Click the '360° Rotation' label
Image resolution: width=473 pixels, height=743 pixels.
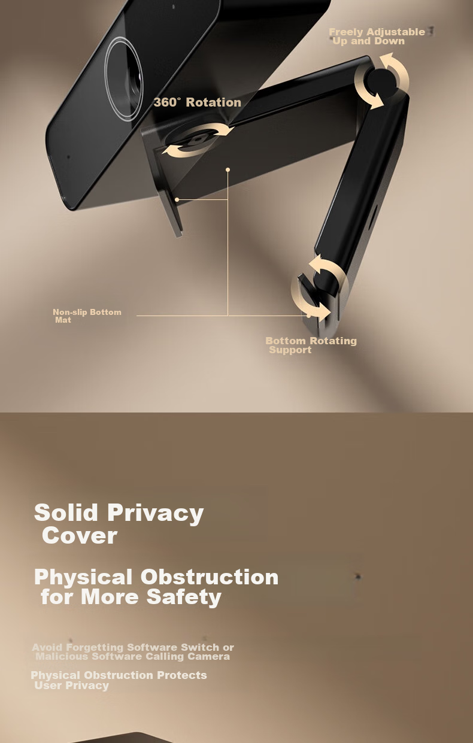[198, 102]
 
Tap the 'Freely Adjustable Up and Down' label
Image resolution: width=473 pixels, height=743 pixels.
[377, 37]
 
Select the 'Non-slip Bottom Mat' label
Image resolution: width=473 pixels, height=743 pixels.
[87, 316]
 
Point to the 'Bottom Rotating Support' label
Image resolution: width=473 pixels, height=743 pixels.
[311, 345]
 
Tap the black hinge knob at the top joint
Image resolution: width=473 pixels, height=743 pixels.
[381, 81]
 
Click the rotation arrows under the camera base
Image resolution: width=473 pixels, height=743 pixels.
[198, 140]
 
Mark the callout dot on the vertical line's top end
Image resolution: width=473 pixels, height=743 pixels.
[228, 170]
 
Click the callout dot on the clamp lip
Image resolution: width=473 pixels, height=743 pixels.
[177, 200]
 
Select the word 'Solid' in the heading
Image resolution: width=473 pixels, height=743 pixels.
[66, 512]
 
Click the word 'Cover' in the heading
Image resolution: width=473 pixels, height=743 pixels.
[80, 535]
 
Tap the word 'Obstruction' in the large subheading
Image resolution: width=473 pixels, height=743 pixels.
[210, 577]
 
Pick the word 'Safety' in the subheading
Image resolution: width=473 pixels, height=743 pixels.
[184, 598]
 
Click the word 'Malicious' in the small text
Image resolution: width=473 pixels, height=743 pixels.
[62, 656]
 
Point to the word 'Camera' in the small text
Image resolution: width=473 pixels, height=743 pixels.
[208, 656]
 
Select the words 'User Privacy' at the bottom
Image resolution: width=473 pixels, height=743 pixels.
[72, 686]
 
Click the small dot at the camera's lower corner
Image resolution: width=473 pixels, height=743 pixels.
[68, 156]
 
